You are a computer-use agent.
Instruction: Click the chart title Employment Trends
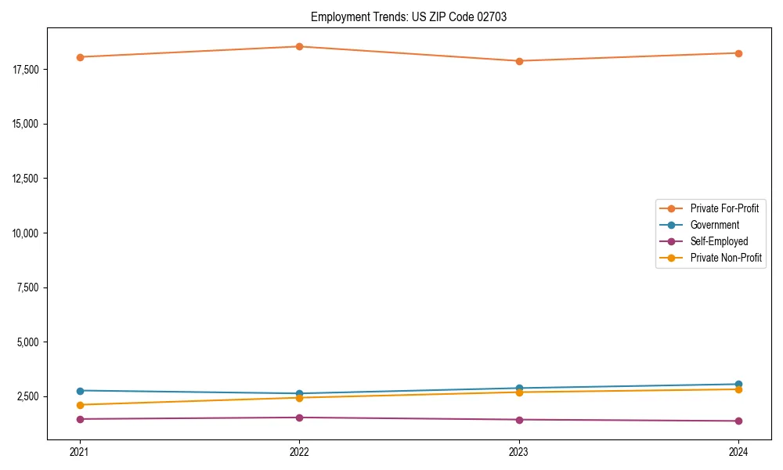click(408, 16)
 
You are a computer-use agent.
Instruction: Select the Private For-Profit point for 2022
click(299, 46)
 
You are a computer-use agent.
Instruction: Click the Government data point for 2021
click(80, 391)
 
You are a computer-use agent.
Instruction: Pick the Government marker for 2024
click(738, 385)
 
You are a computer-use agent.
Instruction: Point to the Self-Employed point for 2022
click(299, 418)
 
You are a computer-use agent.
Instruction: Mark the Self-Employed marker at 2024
click(738, 421)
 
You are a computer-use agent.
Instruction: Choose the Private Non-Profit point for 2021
click(80, 405)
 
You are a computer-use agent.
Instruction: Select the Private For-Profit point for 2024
click(738, 53)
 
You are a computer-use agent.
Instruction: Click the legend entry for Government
click(714, 225)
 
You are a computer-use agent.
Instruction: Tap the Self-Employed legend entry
click(719, 241)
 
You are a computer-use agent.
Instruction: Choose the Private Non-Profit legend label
click(726, 258)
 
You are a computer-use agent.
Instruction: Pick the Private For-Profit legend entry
click(723, 208)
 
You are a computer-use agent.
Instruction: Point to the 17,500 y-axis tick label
click(30, 70)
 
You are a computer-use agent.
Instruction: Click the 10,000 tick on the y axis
click(30, 233)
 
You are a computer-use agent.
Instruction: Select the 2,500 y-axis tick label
click(32, 397)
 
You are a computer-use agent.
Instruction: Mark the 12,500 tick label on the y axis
click(30, 179)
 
